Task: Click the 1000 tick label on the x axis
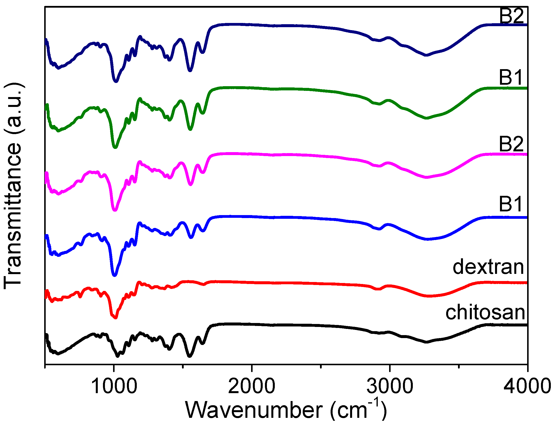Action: (114, 386)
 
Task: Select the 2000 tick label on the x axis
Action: (252, 386)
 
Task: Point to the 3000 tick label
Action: (390, 386)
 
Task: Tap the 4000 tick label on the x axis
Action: (527, 386)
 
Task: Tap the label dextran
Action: (488, 267)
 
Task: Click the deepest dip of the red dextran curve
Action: (115, 318)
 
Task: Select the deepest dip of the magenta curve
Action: (115, 210)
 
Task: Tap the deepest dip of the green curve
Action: (115, 147)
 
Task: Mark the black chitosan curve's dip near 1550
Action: (190, 356)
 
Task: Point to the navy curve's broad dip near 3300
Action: (426, 55)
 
